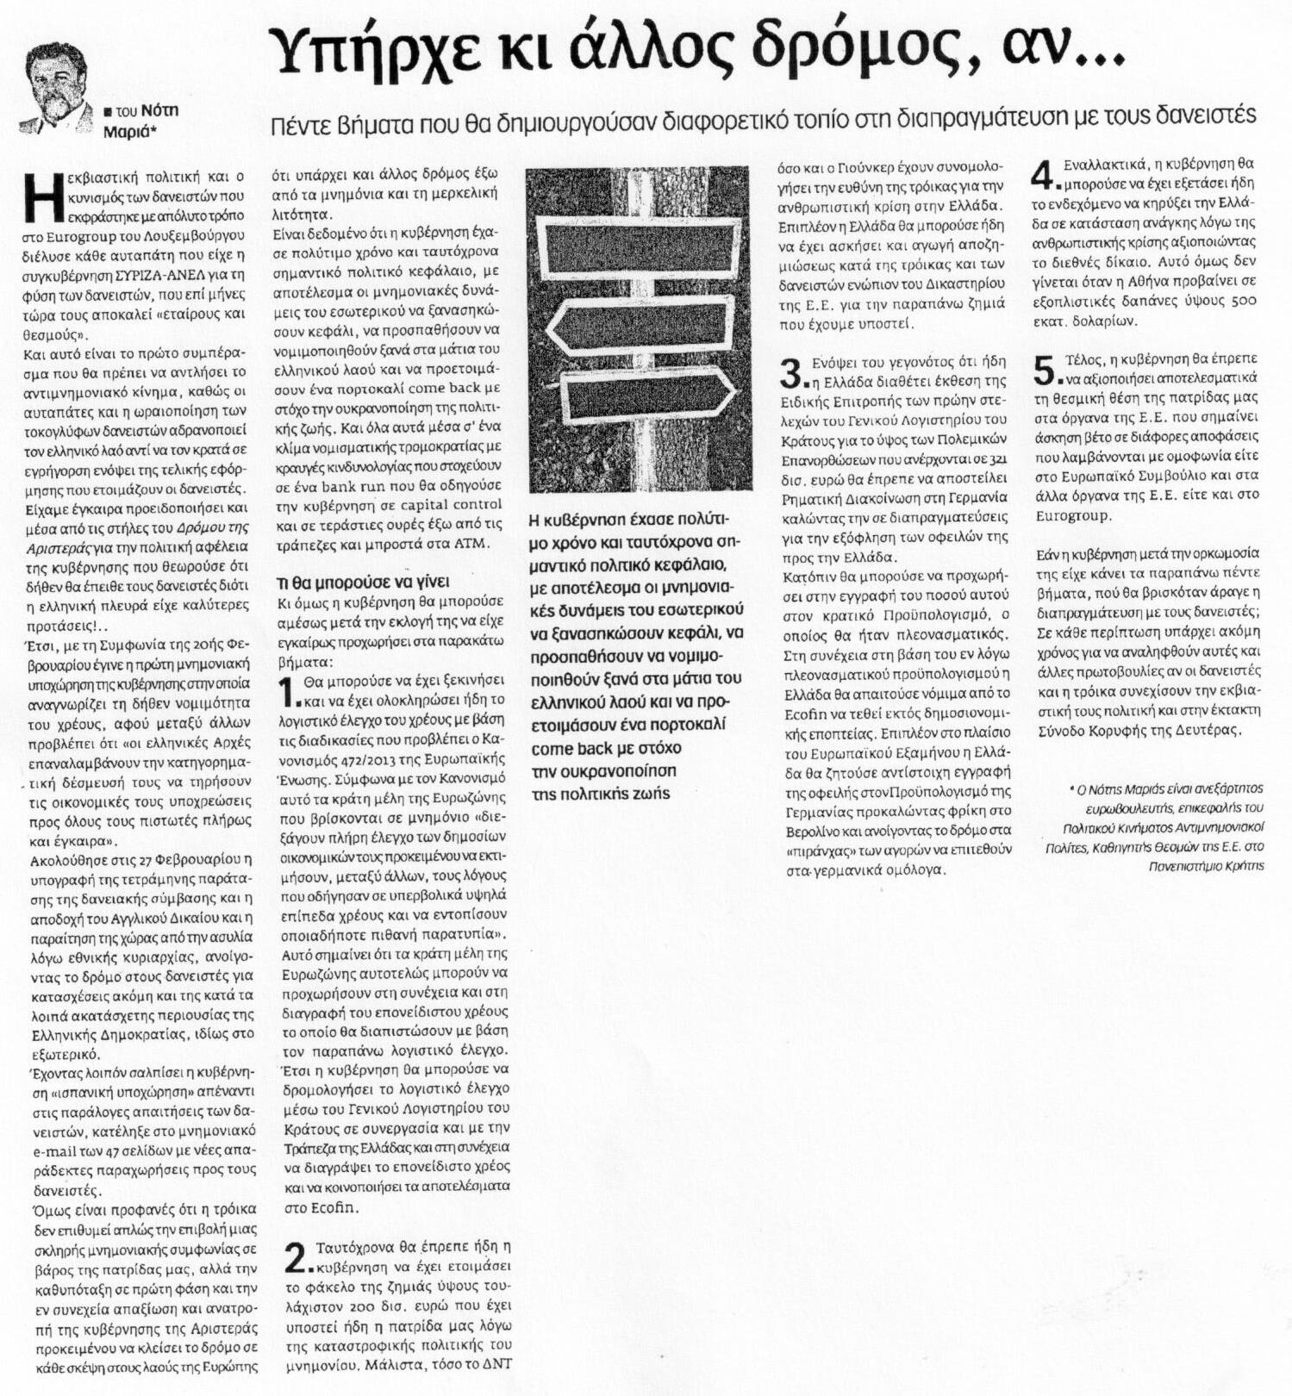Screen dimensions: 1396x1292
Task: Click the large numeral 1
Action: pos(291,691)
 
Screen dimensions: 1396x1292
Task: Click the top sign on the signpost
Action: pos(634,245)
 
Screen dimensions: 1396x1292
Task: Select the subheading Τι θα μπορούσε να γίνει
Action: pos(363,582)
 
